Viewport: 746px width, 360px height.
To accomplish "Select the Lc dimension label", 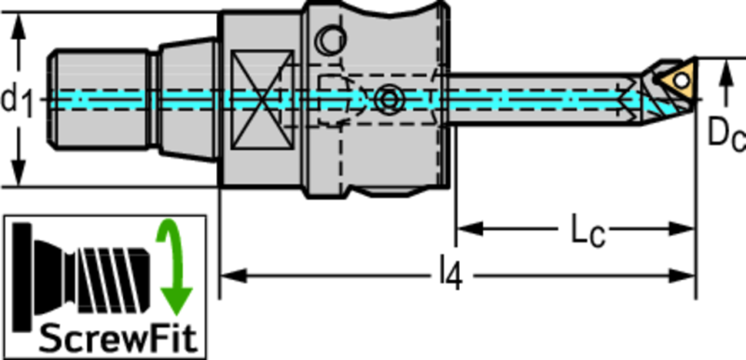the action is tap(588, 231).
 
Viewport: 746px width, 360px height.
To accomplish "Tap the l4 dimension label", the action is tap(450, 276).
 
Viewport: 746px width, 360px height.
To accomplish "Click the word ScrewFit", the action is tap(117, 339).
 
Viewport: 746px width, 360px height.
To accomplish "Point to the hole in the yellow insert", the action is tap(683, 80).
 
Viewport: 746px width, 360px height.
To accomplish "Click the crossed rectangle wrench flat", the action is tap(261, 100).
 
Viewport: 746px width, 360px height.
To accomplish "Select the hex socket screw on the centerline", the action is tap(390, 100).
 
